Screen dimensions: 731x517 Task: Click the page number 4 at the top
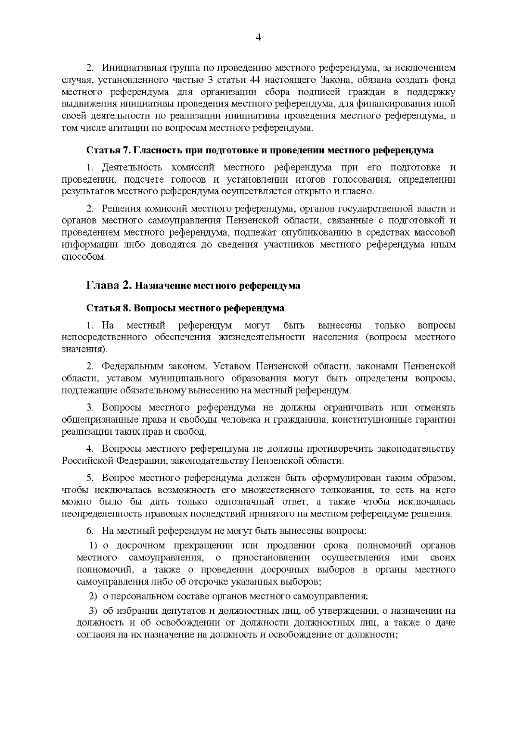(x=258, y=37)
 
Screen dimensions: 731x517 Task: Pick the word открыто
(x=311, y=191)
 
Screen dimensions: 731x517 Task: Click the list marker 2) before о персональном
(x=93, y=597)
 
